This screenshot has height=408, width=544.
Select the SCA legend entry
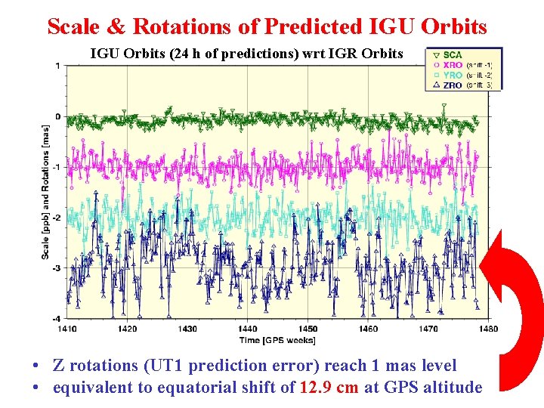coord(452,55)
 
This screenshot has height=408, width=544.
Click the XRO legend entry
coord(453,65)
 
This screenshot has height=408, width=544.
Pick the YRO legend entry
coord(453,76)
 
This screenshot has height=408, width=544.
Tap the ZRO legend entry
coord(453,85)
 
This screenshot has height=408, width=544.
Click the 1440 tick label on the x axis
coord(248,329)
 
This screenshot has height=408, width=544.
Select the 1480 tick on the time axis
coord(488,329)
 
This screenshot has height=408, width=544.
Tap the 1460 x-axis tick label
coord(368,329)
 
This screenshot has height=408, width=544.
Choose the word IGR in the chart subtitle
coord(340,54)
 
